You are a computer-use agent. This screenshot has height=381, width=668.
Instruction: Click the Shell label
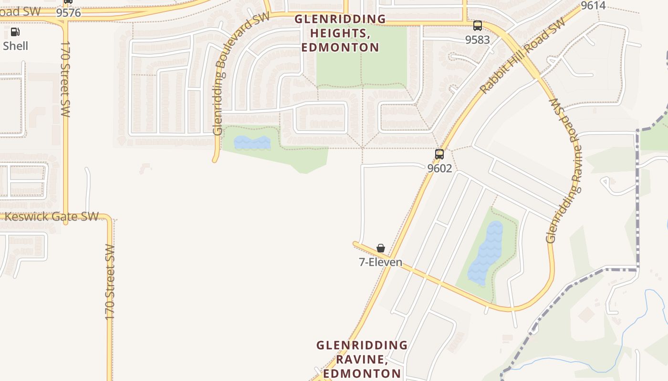click(15, 46)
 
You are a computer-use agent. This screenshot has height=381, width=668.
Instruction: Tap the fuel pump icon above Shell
click(15, 32)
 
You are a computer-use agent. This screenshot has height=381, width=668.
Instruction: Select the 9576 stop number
click(68, 13)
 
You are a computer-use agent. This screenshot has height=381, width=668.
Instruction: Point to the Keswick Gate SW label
click(52, 217)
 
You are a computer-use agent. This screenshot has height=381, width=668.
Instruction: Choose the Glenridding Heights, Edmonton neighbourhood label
click(340, 33)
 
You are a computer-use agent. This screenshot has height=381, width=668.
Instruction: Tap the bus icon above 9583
click(477, 26)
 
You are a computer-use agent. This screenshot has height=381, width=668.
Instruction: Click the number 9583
click(477, 40)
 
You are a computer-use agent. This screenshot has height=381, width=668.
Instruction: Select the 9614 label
click(593, 6)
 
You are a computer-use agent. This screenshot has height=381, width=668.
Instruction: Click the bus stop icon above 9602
click(439, 154)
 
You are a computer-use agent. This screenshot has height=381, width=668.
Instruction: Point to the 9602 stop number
click(439, 168)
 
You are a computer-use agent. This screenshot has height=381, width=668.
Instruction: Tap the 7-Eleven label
click(380, 262)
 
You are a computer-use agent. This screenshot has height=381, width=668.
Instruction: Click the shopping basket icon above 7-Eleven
click(380, 248)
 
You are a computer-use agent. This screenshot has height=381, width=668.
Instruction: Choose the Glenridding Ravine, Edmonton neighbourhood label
click(362, 359)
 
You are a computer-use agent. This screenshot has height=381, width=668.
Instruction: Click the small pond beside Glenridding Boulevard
click(252, 142)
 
